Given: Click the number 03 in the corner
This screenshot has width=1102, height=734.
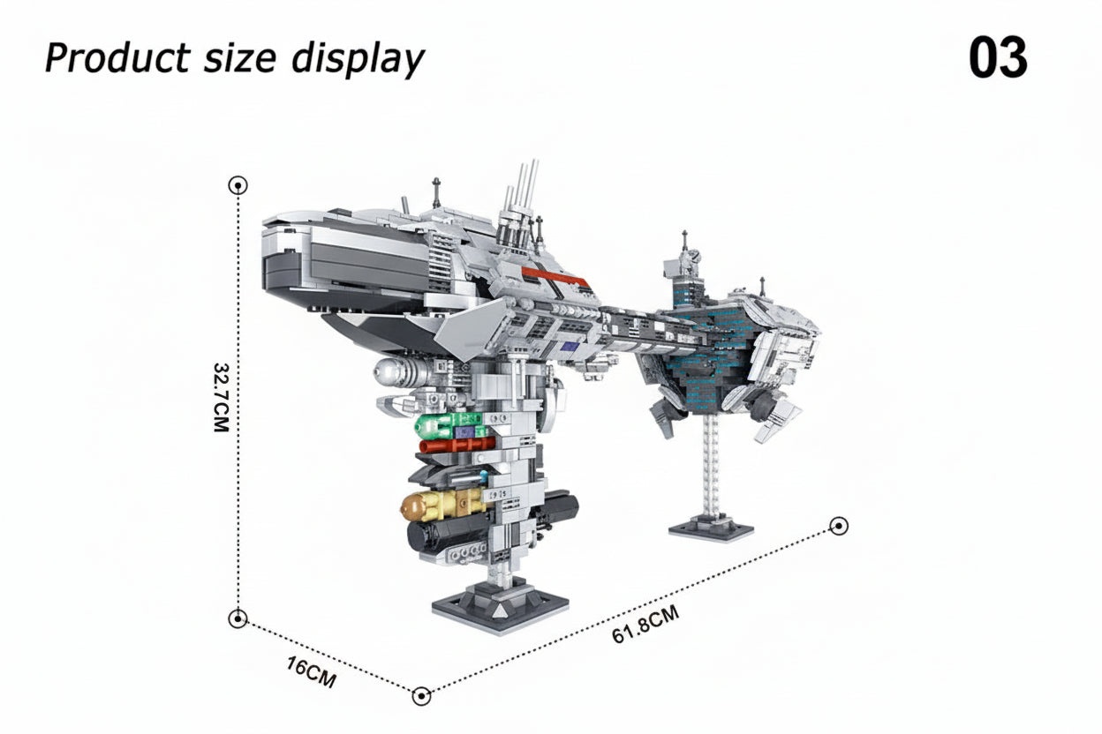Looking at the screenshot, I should [997, 59].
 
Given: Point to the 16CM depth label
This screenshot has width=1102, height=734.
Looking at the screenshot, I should [312, 672].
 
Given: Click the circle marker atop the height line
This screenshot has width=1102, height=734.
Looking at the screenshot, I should [238, 185].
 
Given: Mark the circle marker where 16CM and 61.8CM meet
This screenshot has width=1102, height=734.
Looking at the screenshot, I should [422, 696].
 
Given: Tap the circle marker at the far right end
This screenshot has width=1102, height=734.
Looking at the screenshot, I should [840, 526].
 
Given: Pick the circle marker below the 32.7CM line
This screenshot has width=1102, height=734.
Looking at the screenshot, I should [238, 618].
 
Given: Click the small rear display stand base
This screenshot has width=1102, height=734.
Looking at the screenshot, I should [711, 529].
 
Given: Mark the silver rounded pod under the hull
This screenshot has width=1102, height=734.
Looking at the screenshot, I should [402, 372].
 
